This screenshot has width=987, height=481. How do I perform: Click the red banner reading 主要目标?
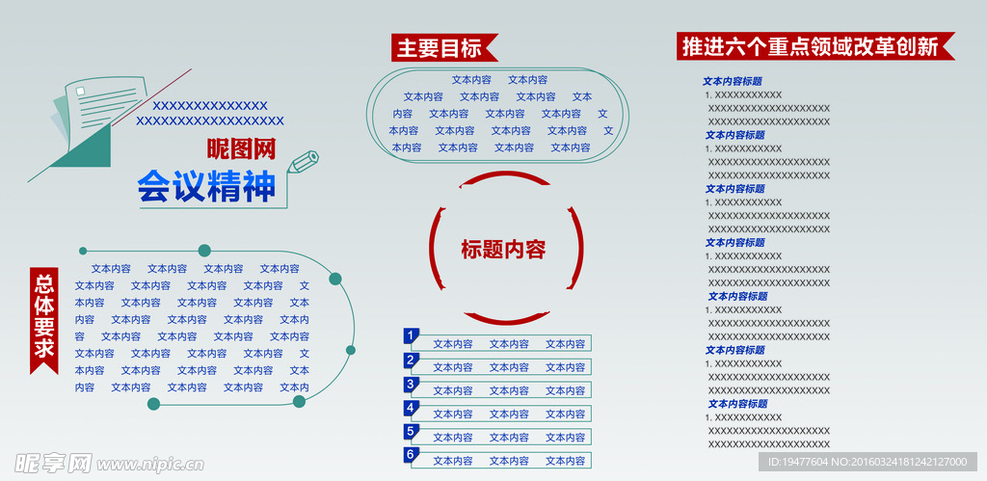[444, 48]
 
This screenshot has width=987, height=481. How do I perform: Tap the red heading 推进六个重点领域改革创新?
[815, 46]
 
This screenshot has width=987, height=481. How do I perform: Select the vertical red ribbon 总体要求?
[44, 320]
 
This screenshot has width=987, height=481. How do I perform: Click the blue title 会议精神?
[206, 186]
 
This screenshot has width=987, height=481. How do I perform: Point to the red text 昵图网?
[242, 148]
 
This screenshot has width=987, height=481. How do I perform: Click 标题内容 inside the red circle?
[503, 250]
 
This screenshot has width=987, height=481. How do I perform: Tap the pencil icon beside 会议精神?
[303, 162]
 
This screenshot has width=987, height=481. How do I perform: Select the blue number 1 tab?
[411, 336]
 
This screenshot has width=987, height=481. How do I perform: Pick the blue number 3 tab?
[411, 385]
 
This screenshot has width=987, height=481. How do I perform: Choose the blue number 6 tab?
[411, 455]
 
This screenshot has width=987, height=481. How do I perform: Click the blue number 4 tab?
[411, 409]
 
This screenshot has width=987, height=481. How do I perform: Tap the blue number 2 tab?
[411, 361]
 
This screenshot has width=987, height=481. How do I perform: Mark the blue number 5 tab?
[411, 432]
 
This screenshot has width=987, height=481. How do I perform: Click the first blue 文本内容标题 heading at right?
[733, 81]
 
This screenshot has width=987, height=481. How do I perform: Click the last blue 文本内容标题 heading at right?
[737, 404]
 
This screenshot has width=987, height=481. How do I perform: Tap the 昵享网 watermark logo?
[54, 464]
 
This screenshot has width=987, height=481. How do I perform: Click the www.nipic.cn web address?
[149, 465]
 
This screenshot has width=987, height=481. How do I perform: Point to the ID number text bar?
[869, 462]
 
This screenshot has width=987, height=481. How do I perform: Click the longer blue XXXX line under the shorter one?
[209, 120]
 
